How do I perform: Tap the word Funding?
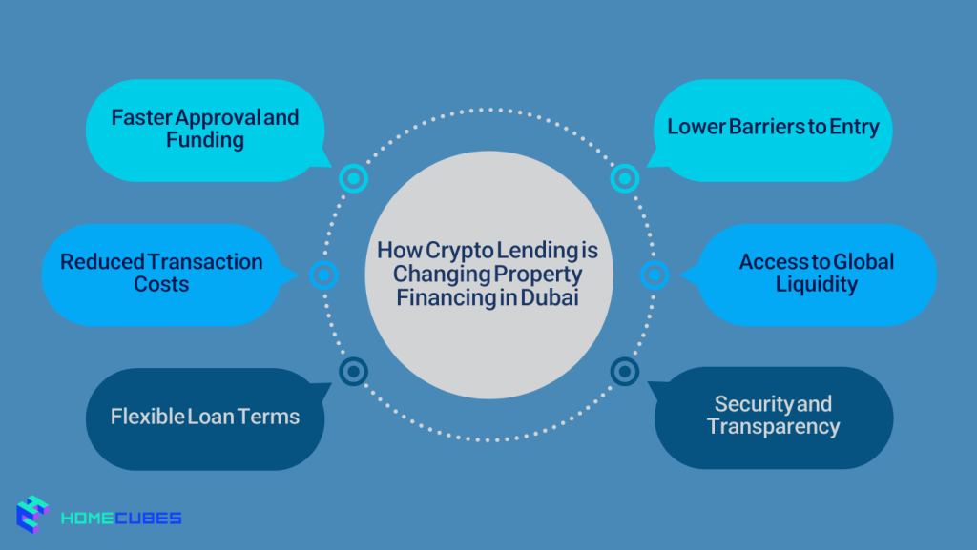(205, 141)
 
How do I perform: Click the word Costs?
(161, 285)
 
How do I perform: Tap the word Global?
(863, 261)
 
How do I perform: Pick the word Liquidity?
(816, 284)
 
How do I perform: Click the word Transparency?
(773, 426)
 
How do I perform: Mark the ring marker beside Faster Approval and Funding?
(353, 177)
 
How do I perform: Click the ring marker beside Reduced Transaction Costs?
(324, 275)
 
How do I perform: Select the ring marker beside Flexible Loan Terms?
(353, 371)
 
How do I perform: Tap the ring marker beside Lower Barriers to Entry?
(624, 177)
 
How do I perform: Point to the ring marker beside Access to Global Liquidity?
(654, 275)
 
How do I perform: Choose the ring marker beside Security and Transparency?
(624, 371)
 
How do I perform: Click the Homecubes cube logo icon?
(32, 516)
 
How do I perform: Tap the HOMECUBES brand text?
(120, 519)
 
